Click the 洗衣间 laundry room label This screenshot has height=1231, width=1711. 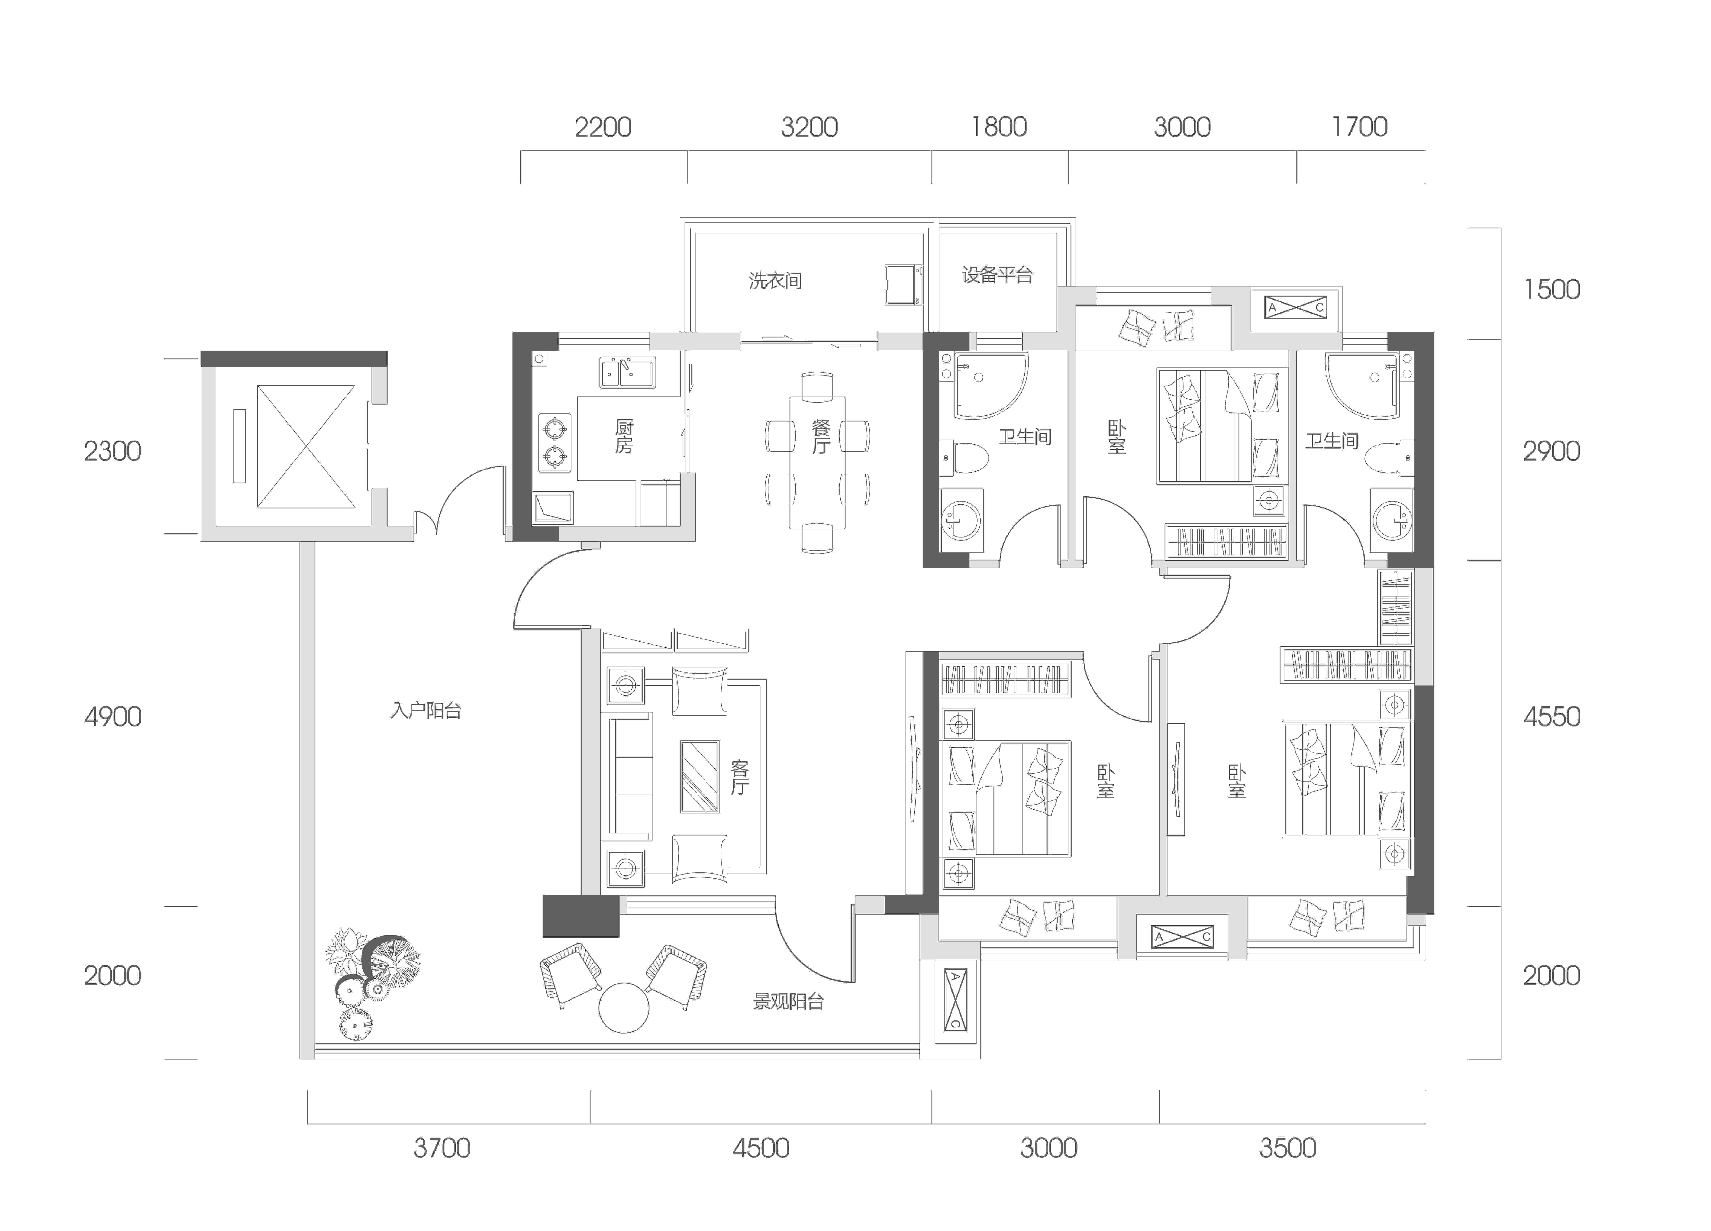pyautogui.click(x=776, y=281)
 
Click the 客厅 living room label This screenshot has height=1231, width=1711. pyautogui.click(x=739, y=777)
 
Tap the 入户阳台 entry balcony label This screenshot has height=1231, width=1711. pyautogui.click(x=426, y=711)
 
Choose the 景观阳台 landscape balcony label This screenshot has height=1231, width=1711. pyautogui.click(x=788, y=1001)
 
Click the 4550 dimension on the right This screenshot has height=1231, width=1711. pyautogui.click(x=1552, y=716)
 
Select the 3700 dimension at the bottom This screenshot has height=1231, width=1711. pyautogui.click(x=442, y=1148)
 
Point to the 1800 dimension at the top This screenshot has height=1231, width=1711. pyautogui.click(x=999, y=127)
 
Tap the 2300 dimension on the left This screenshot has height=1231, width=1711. pyautogui.click(x=112, y=451)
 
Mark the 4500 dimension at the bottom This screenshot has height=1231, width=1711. pyautogui.click(x=761, y=1148)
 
